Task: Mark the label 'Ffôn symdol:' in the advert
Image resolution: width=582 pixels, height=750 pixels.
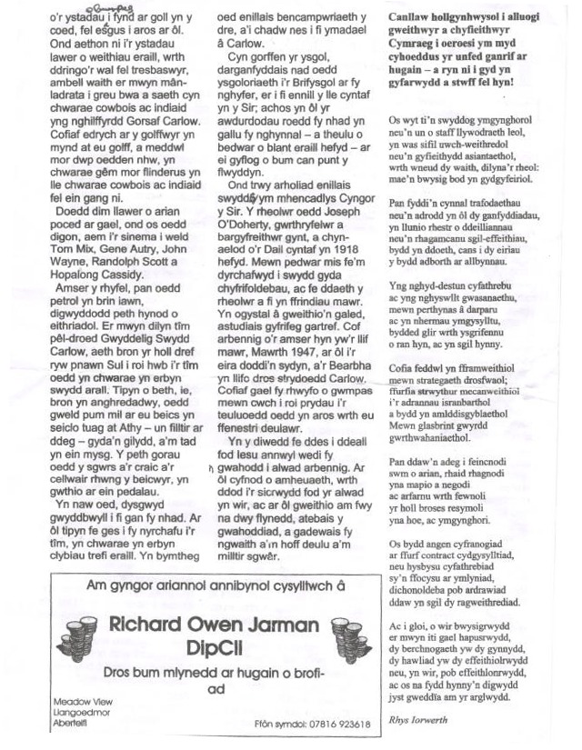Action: [280, 724]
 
